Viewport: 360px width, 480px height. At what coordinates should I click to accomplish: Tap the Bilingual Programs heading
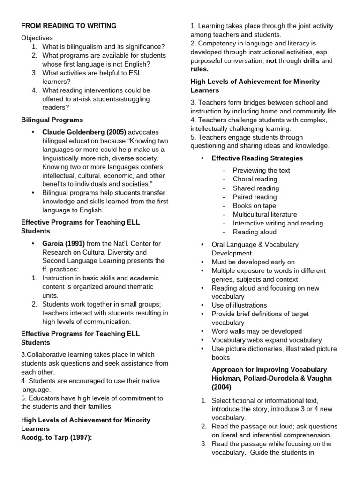pyautogui.click(x=52, y=120)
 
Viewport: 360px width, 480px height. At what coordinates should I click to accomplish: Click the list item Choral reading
pyautogui.click(x=255, y=179)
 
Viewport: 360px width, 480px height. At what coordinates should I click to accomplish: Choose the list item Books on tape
pyautogui.click(x=255, y=206)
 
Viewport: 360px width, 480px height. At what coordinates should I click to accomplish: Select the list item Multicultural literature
pyautogui.click(x=265, y=214)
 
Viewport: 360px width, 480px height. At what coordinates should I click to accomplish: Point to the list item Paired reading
pyautogui.click(x=255, y=197)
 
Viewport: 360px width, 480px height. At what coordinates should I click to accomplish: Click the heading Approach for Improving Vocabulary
pyautogui.click(x=270, y=369)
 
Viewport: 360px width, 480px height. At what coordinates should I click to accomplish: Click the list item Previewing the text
pyautogui.click(x=262, y=171)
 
